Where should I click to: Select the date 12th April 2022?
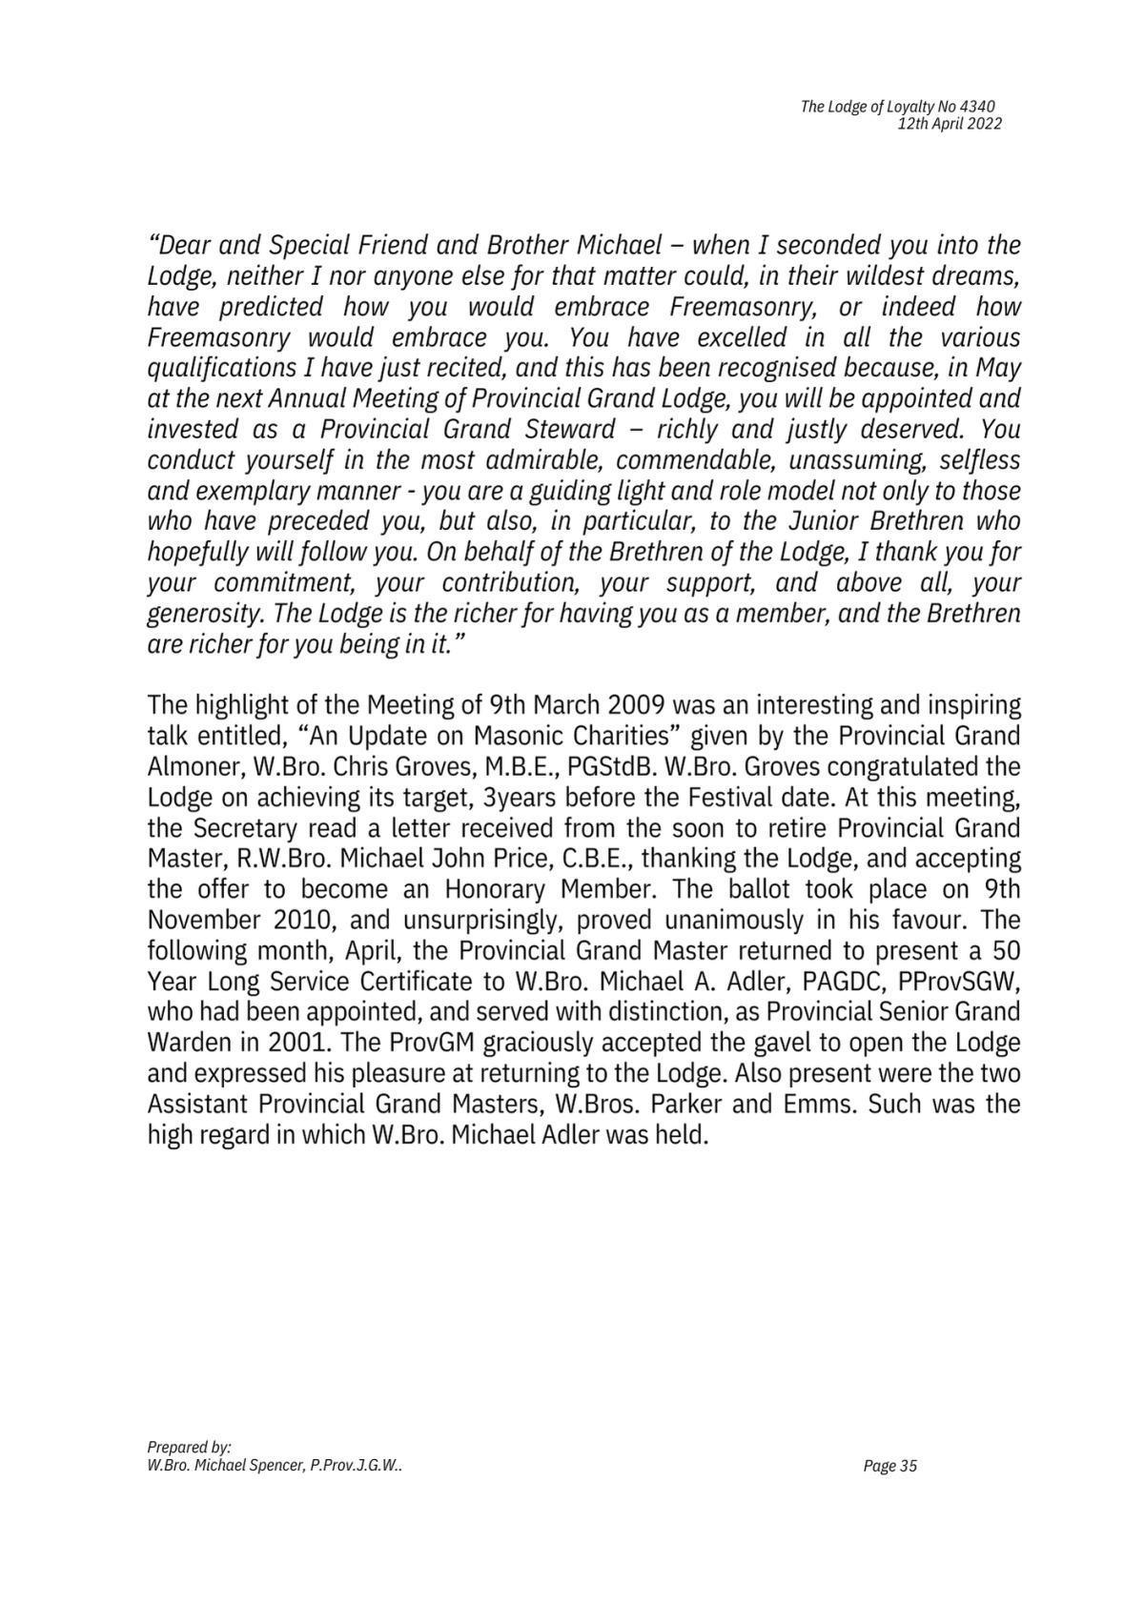tap(950, 124)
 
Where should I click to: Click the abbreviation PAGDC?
tap(843, 982)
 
